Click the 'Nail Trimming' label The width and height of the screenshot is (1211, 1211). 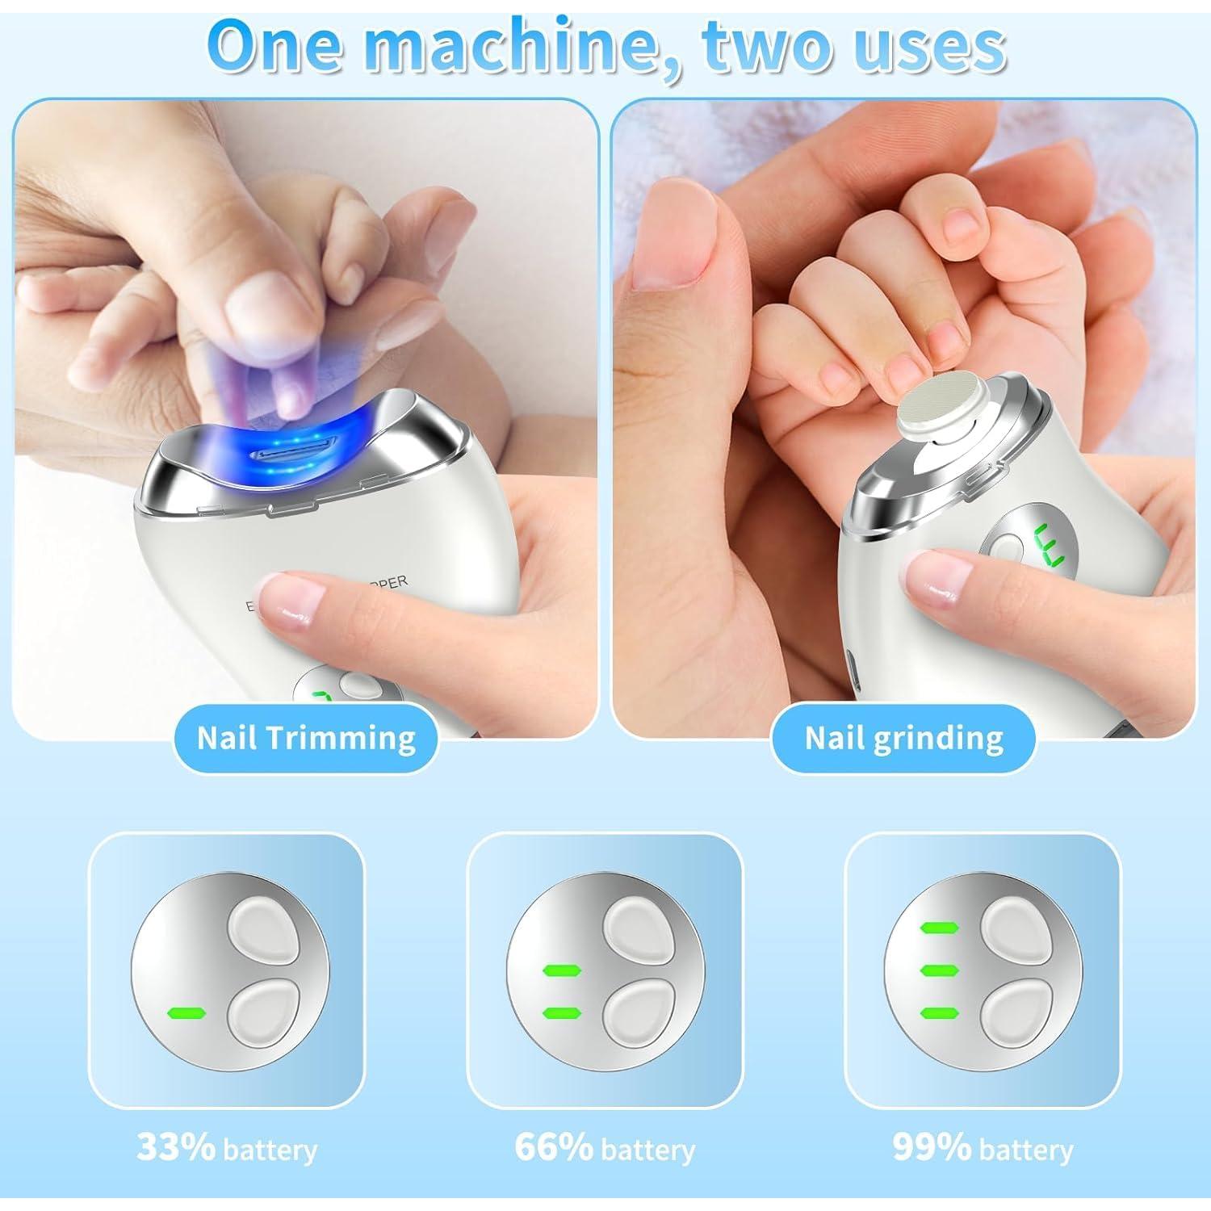[306, 738]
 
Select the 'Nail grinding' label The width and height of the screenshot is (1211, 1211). [903, 738]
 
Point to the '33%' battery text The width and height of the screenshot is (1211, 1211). [176, 1147]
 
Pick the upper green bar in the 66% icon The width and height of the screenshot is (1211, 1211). [563, 970]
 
